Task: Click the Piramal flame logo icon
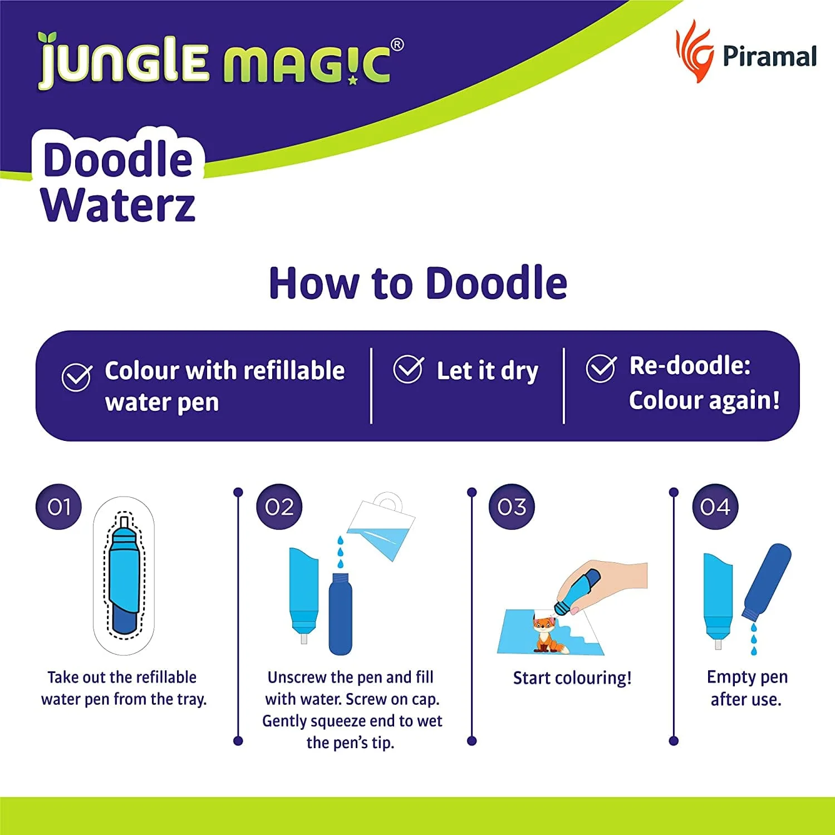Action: tap(694, 51)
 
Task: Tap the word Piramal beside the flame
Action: tap(769, 56)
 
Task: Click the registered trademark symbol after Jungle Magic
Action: tap(397, 45)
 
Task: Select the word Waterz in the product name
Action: tap(119, 205)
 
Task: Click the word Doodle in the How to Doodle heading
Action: tap(497, 283)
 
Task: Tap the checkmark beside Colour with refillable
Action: tap(76, 377)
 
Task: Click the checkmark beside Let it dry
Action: tap(408, 369)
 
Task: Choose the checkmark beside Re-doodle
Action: tap(601, 368)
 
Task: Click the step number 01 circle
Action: tap(58, 507)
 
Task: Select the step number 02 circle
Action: tap(279, 507)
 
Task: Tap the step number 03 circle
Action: tap(512, 507)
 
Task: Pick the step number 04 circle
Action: tap(715, 507)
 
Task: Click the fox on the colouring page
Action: tap(546, 633)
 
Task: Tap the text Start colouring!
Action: tap(572, 678)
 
